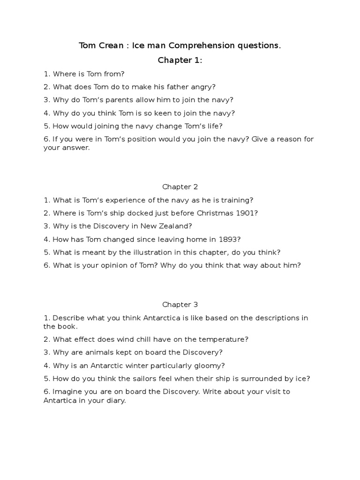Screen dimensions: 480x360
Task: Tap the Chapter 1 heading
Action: (180, 60)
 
